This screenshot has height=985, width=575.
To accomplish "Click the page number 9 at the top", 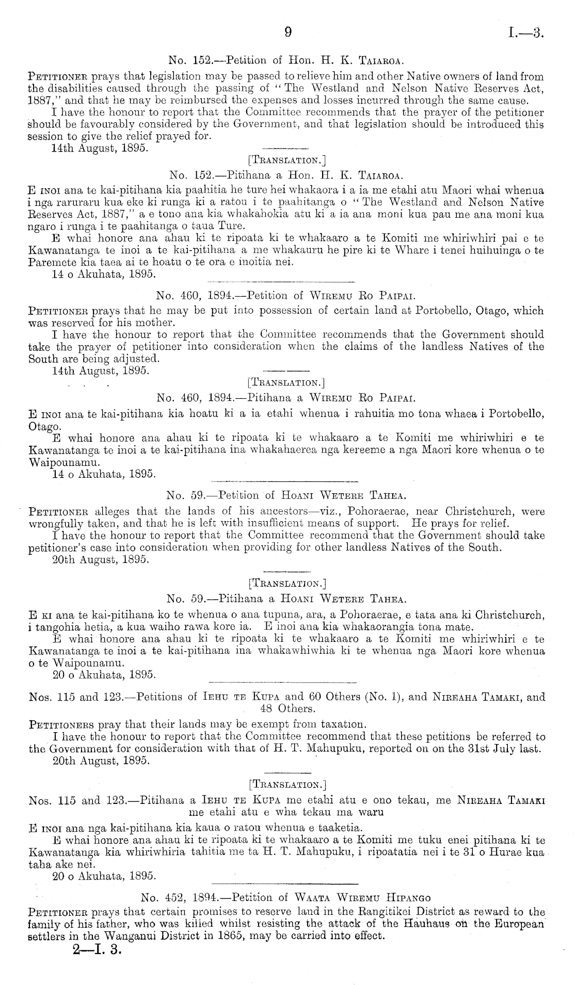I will [x=288, y=33].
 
